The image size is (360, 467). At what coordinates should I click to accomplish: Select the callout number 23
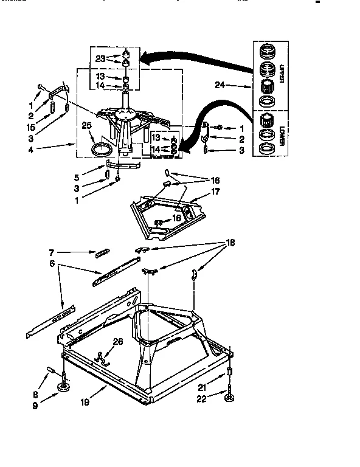tap(102, 59)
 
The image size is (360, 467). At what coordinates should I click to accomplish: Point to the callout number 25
tap(86, 126)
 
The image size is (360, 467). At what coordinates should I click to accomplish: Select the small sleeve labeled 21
tap(230, 373)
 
